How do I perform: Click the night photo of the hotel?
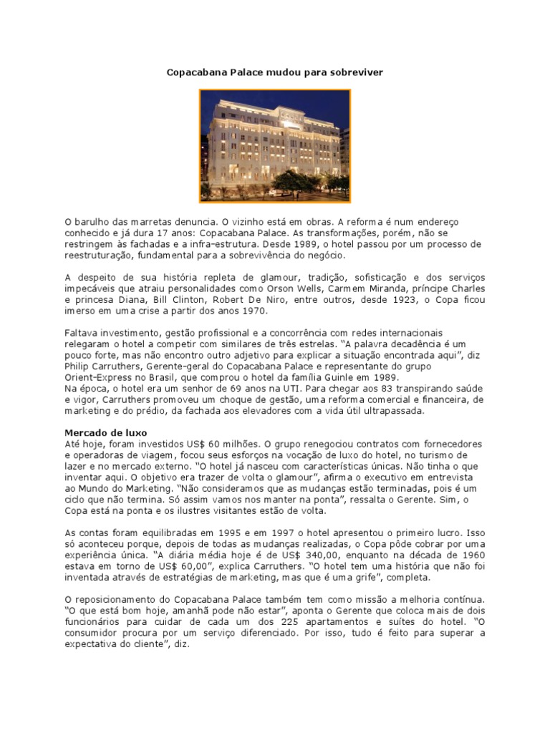[x=274, y=146]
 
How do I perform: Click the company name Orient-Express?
[x=97, y=378]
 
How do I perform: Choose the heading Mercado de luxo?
[x=106, y=433]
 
